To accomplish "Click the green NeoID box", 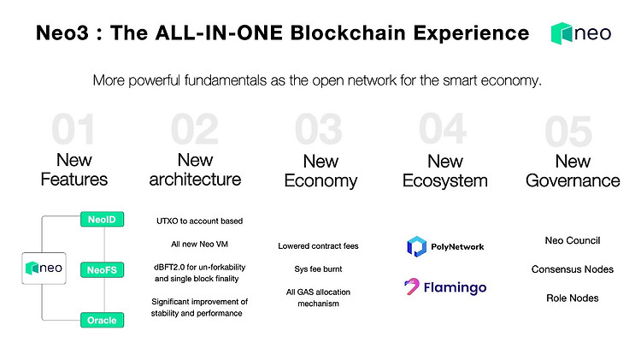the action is [102, 219].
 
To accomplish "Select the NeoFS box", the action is [102, 270].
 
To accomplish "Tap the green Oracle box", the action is [102, 320].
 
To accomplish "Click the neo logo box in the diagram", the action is [44, 269].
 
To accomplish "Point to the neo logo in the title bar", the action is [581, 33].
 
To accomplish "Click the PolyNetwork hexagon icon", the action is [416, 246].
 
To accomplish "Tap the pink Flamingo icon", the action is [412, 286].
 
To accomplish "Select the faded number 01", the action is [74, 129].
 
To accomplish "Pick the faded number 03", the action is [319, 129].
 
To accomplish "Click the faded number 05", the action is [568, 131].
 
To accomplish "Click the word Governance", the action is [573, 180].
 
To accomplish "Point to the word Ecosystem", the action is [445, 180].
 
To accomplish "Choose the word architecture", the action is [195, 180].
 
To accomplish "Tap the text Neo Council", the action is [573, 240].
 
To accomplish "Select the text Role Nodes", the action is [573, 298].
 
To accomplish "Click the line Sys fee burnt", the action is [318, 269].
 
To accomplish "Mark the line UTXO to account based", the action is [199, 221].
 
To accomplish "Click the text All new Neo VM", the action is [199, 245].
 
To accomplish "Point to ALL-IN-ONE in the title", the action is [219, 32].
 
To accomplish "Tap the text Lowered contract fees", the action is [318, 246].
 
